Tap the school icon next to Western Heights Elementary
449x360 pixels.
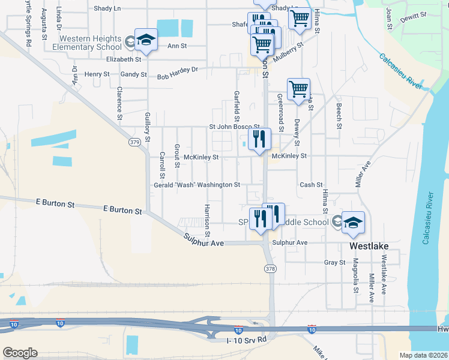coord(145,40)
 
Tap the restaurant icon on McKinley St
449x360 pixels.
coord(259,140)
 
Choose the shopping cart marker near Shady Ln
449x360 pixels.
coord(299,18)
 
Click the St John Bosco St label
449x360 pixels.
coord(234,127)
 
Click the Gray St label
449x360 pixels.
coord(334,262)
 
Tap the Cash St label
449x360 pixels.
coord(311,185)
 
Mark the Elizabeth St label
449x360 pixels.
coord(123,59)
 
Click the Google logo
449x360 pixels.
coord(20,353)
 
